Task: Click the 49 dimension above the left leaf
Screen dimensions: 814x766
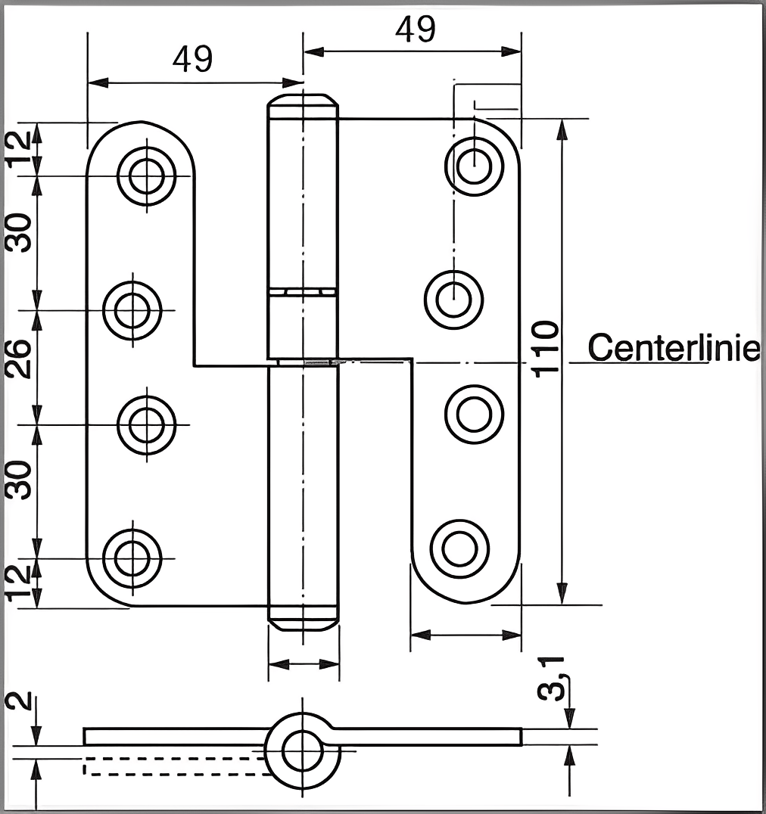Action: point(192,59)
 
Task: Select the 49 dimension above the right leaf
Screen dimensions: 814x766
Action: point(416,30)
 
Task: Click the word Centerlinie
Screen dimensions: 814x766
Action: point(674,348)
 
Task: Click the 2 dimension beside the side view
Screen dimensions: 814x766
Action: point(23,699)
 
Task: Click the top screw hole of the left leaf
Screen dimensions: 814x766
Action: point(146,176)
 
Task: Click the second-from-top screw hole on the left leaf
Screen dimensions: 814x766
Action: point(132,310)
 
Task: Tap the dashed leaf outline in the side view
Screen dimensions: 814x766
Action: point(174,766)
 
